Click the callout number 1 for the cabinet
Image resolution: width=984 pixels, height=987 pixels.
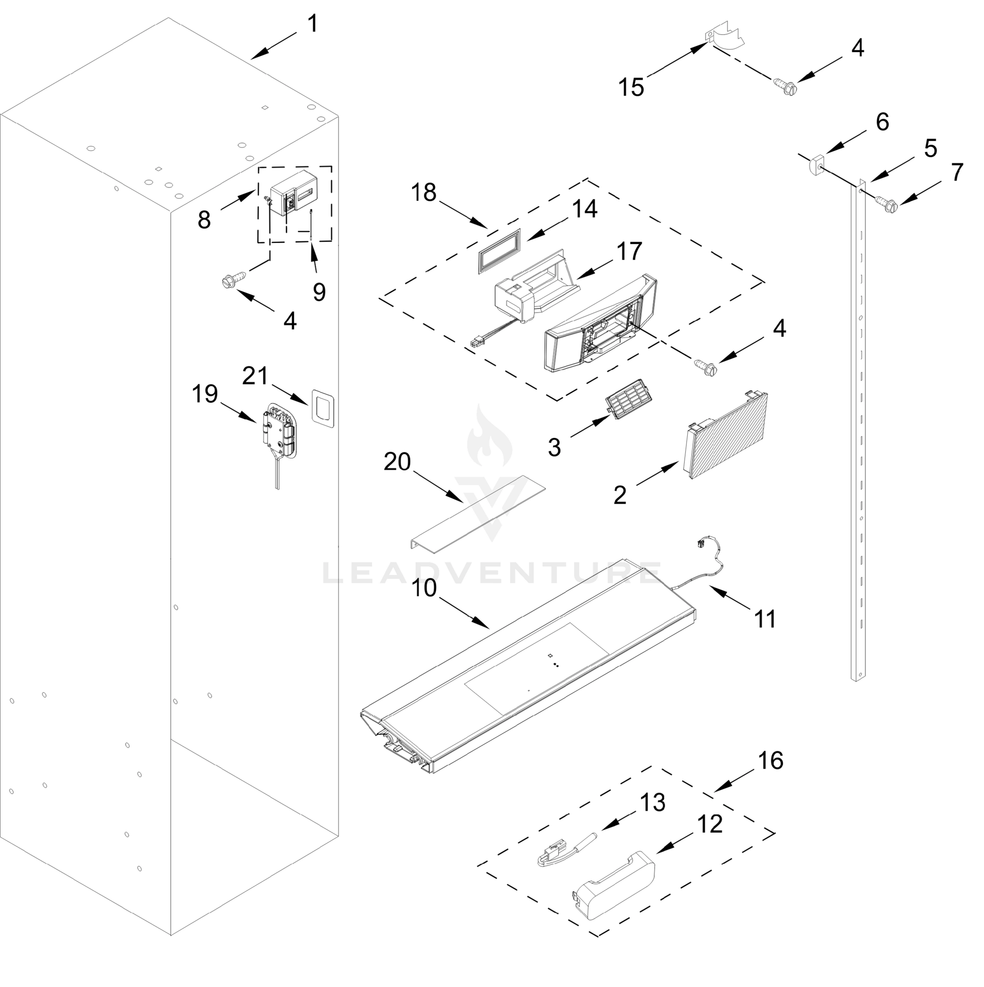(x=312, y=24)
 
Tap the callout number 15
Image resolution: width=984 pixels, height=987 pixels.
(x=631, y=87)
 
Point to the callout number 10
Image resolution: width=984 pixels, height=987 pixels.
(x=424, y=588)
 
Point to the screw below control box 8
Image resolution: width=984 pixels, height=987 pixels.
(x=232, y=281)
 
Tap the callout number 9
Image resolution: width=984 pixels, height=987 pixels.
(x=319, y=292)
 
